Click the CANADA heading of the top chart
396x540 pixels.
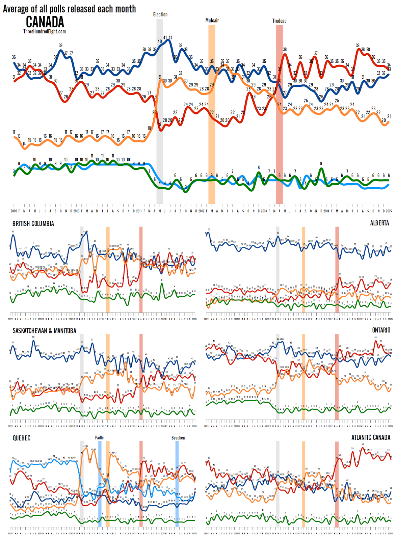45,22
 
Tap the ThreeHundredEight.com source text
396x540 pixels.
45,31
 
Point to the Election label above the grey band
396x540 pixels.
160,15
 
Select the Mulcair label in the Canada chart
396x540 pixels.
212,21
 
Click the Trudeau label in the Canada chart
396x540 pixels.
279,21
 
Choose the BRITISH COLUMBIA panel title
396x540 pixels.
33,224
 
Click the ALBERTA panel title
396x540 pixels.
379,223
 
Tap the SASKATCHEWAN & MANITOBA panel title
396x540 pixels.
44,331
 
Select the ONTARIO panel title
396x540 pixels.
381,330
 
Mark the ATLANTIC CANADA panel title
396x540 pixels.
371,437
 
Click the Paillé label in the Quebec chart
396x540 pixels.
99,438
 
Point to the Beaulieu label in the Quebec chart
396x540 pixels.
178,438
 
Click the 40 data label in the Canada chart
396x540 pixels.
160,42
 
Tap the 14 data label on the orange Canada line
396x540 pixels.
24,144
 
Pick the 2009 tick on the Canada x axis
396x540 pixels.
14,211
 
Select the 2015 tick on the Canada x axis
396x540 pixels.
389,211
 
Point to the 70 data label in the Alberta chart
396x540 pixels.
208,230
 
